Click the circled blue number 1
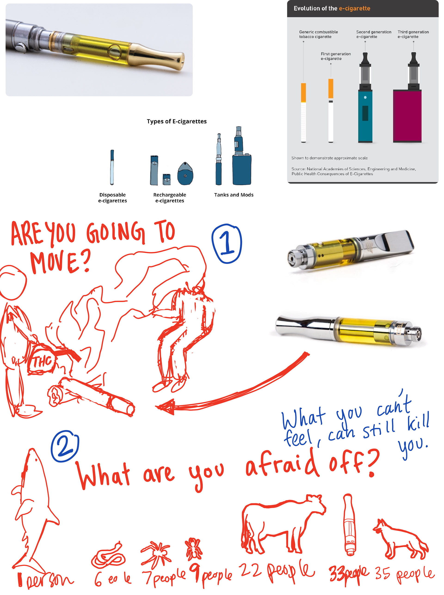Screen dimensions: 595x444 coord(227,244)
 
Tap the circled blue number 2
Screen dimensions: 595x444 coord(65,446)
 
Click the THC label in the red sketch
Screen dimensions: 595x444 coord(42,361)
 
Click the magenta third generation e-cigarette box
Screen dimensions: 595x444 coord(407,116)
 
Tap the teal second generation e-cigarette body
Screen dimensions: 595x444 coord(365,116)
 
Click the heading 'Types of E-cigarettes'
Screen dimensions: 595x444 coord(177,121)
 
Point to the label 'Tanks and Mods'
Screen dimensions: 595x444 coord(234,195)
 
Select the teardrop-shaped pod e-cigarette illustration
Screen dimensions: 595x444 coord(185,174)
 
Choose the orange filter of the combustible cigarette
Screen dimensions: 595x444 coord(303,93)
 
